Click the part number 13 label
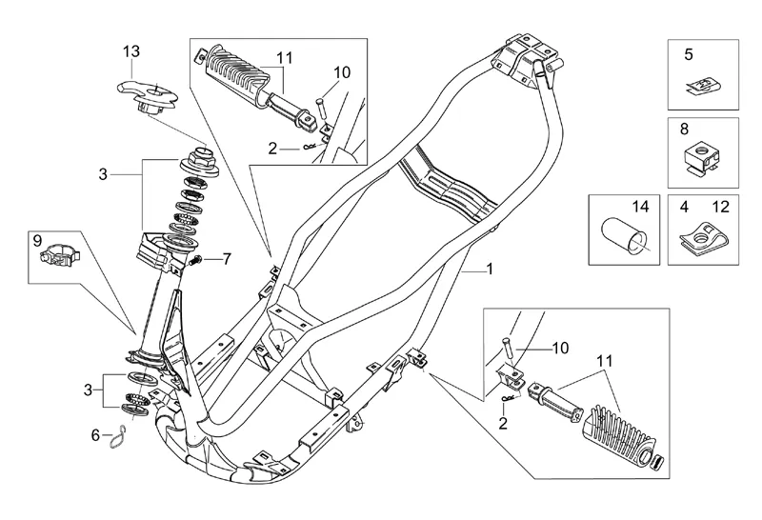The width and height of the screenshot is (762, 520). (131, 50)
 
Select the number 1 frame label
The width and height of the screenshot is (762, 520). (490, 270)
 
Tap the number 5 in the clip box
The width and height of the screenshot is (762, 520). (689, 55)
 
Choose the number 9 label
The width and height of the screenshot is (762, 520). (39, 240)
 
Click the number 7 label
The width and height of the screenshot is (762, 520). (226, 258)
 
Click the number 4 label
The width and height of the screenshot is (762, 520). (683, 206)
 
